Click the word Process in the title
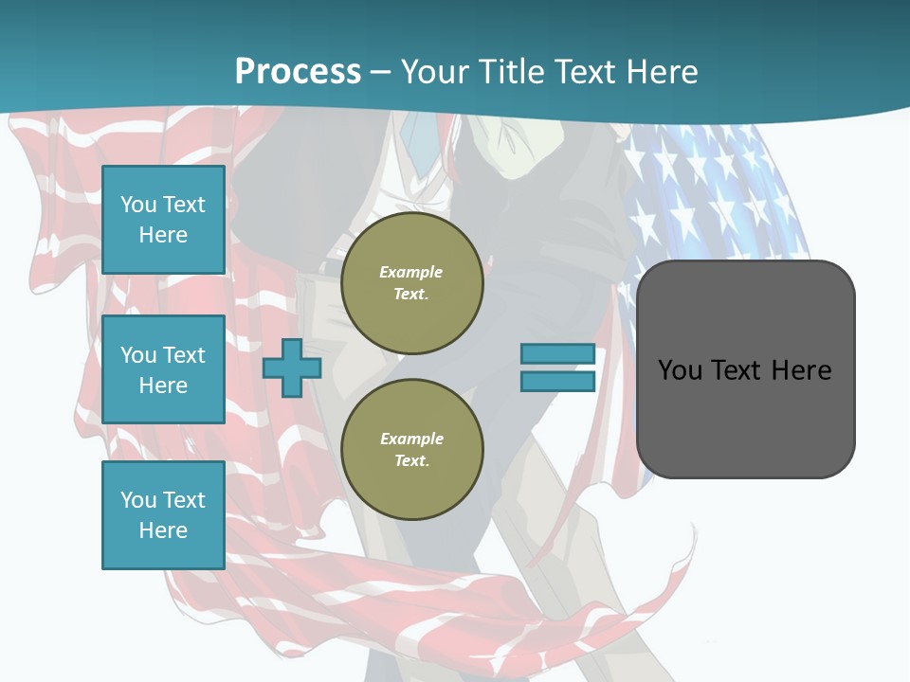point(298,72)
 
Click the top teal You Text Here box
point(163,220)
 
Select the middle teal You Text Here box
point(163,369)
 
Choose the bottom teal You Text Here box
point(163,515)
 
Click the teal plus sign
point(291,368)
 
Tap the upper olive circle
point(411,283)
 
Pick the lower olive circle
point(411,450)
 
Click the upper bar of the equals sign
point(557,354)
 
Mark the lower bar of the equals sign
point(557,382)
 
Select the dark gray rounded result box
point(745,417)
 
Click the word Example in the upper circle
point(411,272)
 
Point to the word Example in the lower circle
point(411,439)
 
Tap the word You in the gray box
point(681,369)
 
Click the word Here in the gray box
point(801,369)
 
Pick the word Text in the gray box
point(738,369)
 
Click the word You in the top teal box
point(137,205)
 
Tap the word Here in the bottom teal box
point(163,530)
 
